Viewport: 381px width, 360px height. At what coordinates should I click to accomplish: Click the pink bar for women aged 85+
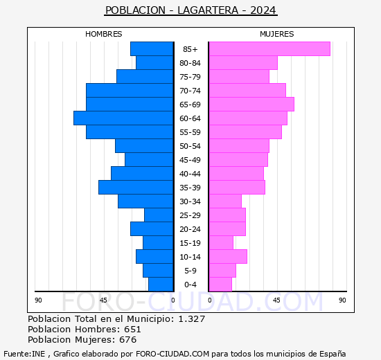click(x=269, y=49)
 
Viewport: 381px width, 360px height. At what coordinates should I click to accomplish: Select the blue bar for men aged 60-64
click(x=123, y=118)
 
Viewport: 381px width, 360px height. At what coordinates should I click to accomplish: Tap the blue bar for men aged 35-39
click(x=136, y=188)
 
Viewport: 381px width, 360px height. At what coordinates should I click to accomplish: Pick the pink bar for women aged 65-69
click(x=251, y=105)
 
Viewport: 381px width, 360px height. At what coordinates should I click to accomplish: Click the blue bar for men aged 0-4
click(x=161, y=285)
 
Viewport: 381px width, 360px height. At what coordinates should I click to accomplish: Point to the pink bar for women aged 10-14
click(x=227, y=257)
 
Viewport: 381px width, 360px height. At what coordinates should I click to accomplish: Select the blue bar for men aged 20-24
click(x=152, y=229)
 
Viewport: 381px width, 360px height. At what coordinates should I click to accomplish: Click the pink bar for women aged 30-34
click(x=224, y=201)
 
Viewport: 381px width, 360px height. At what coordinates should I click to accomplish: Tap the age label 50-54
click(x=190, y=146)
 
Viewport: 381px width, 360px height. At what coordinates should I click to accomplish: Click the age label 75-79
click(x=190, y=77)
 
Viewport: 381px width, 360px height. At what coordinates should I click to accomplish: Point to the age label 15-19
click(x=190, y=243)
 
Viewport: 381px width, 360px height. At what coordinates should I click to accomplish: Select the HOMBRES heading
click(x=104, y=34)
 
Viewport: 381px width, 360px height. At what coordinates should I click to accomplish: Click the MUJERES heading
click(x=276, y=34)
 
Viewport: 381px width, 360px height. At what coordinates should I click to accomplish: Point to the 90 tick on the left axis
click(x=38, y=300)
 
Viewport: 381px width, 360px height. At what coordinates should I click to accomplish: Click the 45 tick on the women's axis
click(x=276, y=300)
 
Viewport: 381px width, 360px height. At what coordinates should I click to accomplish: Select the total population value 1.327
click(x=191, y=318)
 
